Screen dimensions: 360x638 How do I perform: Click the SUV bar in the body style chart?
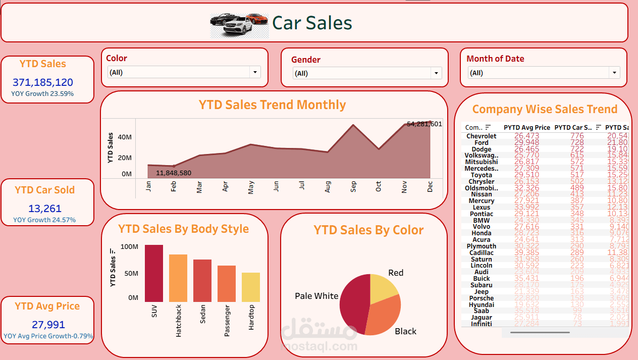pos(154,274)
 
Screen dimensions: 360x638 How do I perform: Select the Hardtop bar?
pos(251,287)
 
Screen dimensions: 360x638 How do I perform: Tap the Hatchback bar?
pos(178,278)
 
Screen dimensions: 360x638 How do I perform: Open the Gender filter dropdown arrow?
pos(437,73)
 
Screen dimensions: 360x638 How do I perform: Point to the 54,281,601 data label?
pos(424,124)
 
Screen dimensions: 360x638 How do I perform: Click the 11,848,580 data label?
pos(174,173)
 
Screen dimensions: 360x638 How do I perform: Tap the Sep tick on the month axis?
pos(353,187)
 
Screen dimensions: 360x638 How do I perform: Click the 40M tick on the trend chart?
pos(125,137)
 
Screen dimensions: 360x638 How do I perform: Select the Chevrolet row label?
pos(481,136)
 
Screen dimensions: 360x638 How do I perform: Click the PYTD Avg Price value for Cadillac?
pos(526,252)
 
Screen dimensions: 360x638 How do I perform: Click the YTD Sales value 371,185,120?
pos(43,82)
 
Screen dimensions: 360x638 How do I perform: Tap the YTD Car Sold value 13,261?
pos(45,209)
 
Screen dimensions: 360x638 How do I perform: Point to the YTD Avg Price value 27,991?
pos(48,325)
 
